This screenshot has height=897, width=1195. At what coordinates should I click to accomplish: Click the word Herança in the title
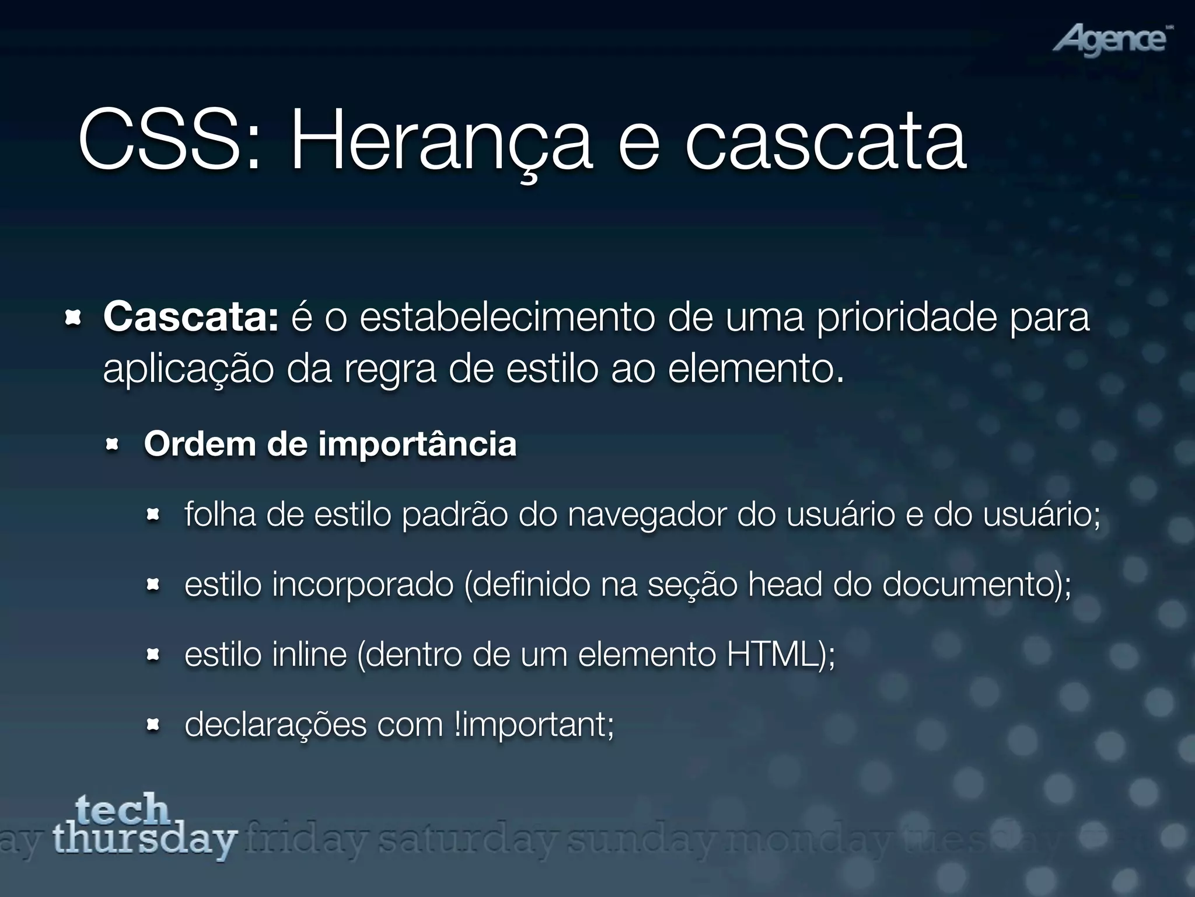click(x=441, y=143)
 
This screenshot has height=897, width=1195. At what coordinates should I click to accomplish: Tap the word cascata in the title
click(x=825, y=143)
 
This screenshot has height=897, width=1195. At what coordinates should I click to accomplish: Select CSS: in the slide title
click(x=169, y=143)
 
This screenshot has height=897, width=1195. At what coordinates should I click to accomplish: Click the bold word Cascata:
click(x=191, y=318)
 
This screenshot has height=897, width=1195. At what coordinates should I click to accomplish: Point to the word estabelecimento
click(x=507, y=318)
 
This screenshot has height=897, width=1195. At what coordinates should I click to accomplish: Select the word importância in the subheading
click(x=417, y=444)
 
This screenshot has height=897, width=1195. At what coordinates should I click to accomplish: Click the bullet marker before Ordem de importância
click(x=112, y=446)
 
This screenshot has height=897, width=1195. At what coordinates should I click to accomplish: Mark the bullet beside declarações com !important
click(x=153, y=726)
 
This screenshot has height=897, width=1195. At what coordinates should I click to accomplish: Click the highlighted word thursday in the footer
click(x=145, y=840)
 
